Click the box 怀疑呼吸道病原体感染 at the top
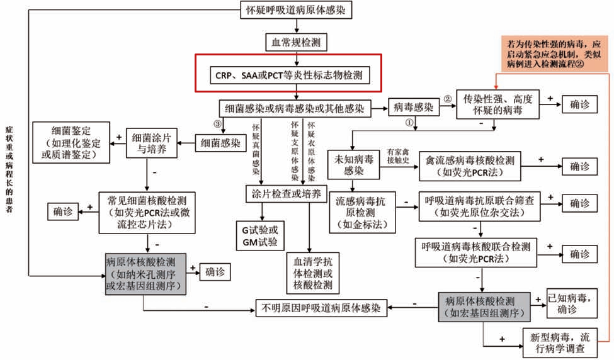click(x=295, y=11)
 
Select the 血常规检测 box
click(x=295, y=43)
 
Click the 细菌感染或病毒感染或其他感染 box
click(x=295, y=108)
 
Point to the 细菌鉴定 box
click(x=72, y=142)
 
